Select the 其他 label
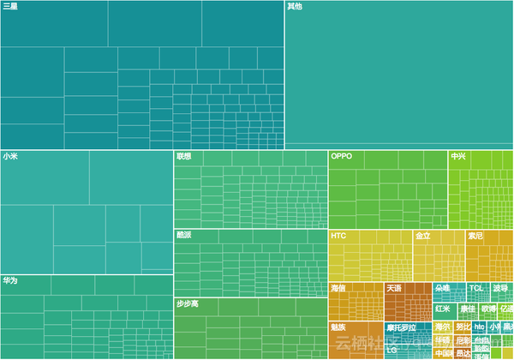[294, 7]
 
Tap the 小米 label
[10, 157]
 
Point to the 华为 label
[10, 280]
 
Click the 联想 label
[184, 157]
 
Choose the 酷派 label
[184, 235]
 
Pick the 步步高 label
[188, 304]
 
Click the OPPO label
[342, 157]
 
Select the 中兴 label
[459, 157]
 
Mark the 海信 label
[338, 288]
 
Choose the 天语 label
[394, 288]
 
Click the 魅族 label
[338, 327]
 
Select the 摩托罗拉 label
[401, 327]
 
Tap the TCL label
[477, 288]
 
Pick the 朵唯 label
[443, 288]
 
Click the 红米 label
[443, 309]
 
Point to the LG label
[391, 350]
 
